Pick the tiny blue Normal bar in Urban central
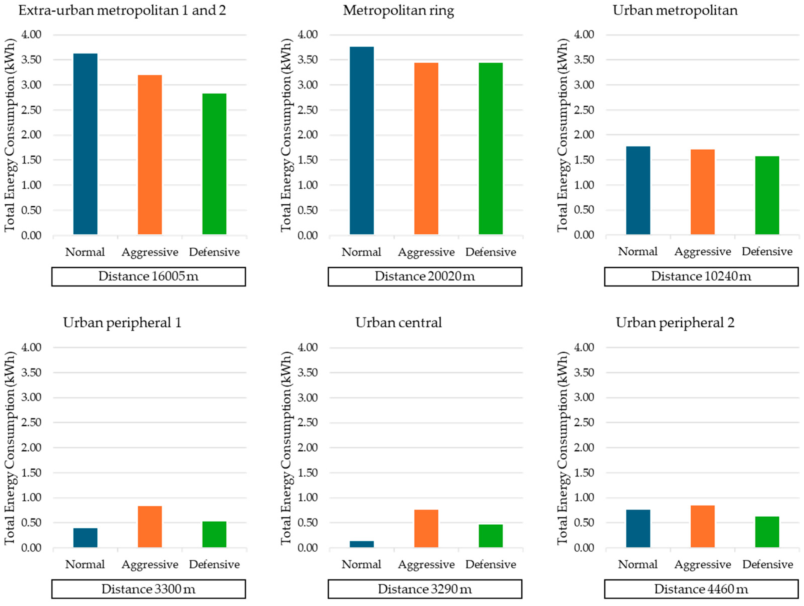pyautogui.click(x=361, y=544)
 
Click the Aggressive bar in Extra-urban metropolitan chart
pyautogui.click(x=150, y=155)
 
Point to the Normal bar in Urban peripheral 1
pyautogui.click(x=85, y=537)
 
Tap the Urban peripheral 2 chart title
pyautogui.click(x=675, y=322)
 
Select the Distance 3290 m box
pyautogui.click(x=425, y=589)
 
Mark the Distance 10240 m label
pyautogui.click(x=701, y=277)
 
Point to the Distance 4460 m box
pyautogui.click(x=701, y=589)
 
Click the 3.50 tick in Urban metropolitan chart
pyautogui.click(x=584, y=60)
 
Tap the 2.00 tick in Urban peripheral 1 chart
pyautogui.click(x=31, y=447)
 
